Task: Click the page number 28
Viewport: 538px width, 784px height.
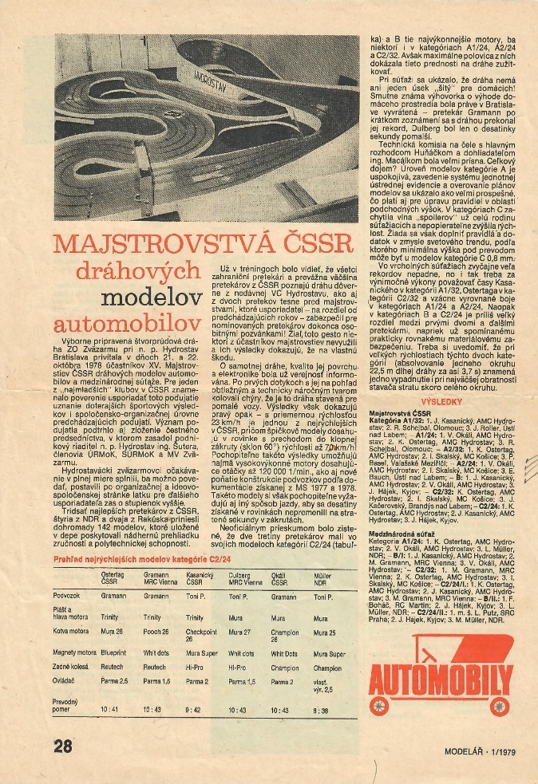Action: [x=63, y=747]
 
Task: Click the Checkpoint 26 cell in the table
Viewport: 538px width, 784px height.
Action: [x=201, y=657]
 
